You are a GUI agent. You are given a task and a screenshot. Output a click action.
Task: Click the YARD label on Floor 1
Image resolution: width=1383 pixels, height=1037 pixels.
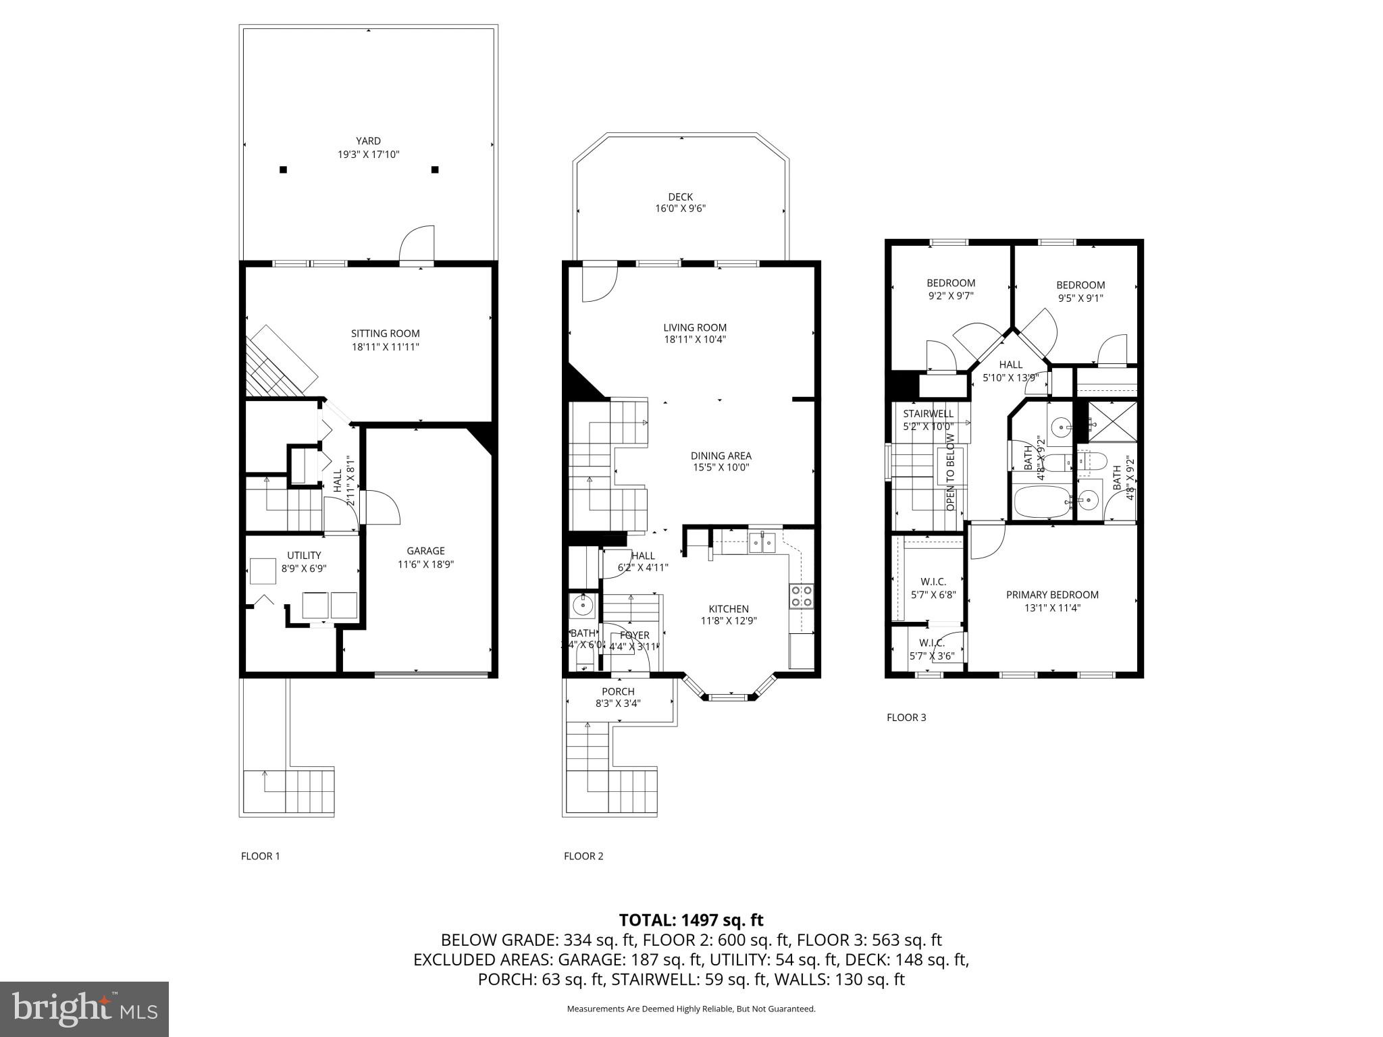click(368, 141)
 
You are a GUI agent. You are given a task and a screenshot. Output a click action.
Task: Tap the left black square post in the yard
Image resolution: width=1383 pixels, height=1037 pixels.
click(284, 169)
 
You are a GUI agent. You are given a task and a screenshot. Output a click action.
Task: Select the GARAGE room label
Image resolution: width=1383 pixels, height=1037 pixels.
click(425, 551)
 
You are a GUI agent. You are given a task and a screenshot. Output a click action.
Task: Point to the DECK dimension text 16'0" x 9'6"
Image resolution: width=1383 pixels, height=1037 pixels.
click(680, 209)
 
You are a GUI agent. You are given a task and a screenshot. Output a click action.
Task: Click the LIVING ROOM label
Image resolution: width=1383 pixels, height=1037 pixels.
click(694, 327)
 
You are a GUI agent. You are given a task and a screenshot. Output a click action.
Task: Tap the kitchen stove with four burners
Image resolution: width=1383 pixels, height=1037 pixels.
click(801, 596)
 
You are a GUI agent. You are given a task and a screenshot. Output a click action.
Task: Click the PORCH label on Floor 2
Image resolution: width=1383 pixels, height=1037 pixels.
click(618, 691)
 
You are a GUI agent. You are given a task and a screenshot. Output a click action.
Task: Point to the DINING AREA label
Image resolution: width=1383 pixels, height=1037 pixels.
click(721, 456)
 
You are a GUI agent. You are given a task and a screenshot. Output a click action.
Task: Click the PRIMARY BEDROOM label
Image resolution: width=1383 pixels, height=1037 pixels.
click(1052, 595)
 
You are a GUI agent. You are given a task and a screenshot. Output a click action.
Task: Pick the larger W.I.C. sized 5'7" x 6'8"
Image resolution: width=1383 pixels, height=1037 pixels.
click(933, 588)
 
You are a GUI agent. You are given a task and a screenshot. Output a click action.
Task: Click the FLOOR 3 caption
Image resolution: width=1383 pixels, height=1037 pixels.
click(906, 717)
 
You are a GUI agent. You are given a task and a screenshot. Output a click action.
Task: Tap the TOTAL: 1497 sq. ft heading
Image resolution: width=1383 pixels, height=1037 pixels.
click(691, 920)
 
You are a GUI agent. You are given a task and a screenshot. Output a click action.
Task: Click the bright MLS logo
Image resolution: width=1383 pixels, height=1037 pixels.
click(84, 1009)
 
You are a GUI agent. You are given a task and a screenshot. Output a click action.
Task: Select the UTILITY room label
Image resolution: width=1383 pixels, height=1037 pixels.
click(304, 556)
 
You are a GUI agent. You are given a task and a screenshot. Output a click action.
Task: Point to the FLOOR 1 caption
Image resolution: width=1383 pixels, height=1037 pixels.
click(260, 856)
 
